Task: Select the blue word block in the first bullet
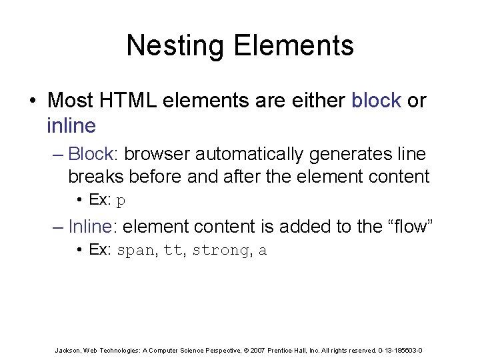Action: pos(376,101)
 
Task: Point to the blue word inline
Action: pos(71,125)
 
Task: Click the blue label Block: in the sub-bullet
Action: pos(93,154)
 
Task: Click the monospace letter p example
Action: pos(121,201)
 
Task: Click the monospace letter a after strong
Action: pos(263,251)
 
